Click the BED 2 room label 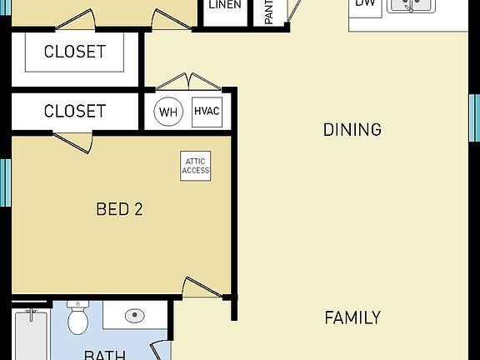(x=119, y=209)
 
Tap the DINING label (x=352, y=130)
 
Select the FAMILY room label (x=352, y=317)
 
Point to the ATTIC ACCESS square (x=197, y=165)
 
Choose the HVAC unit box (x=207, y=112)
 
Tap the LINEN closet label (x=224, y=6)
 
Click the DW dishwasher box (x=365, y=5)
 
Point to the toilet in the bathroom (x=78, y=318)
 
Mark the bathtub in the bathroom (x=32, y=333)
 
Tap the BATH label (x=105, y=354)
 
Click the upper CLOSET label (x=75, y=52)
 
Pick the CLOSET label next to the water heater (x=75, y=111)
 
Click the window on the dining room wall (x=475, y=117)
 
